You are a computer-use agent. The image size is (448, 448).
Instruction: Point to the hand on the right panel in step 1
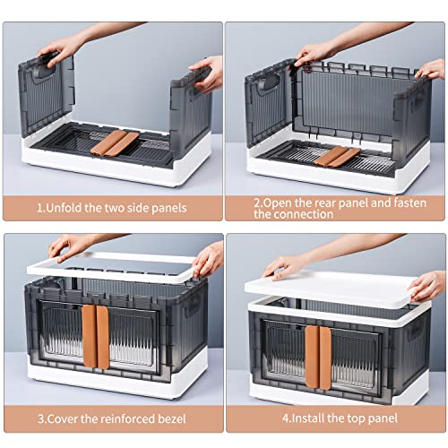(207, 73)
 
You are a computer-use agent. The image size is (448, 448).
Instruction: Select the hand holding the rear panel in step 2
(314, 53)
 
